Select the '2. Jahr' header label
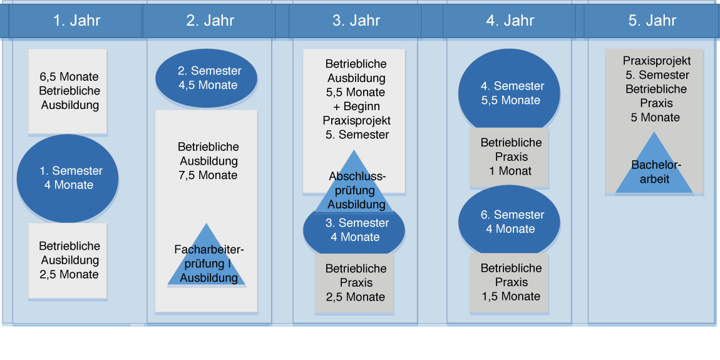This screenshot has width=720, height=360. [x=210, y=21]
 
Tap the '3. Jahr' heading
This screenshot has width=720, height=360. [x=356, y=21]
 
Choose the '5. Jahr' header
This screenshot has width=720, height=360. [x=652, y=21]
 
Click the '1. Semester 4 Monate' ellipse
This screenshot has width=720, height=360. [x=68, y=178]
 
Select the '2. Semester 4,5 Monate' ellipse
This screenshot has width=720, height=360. [x=206, y=78]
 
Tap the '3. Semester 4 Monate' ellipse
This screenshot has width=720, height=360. [x=354, y=231]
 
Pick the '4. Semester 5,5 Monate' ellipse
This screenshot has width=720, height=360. [x=509, y=93]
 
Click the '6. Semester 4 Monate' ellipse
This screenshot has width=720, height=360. [x=509, y=222]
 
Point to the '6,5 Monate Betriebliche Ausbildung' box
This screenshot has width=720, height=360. [x=68, y=91]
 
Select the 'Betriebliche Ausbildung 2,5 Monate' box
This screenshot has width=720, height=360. [x=68, y=261]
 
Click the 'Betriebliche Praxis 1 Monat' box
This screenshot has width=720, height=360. [x=509, y=157]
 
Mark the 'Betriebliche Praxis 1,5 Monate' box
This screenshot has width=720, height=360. [x=509, y=282]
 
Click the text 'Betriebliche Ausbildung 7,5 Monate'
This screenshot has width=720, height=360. [x=208, y=161]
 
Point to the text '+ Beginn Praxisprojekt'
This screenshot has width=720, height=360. [x=356, y=113]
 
